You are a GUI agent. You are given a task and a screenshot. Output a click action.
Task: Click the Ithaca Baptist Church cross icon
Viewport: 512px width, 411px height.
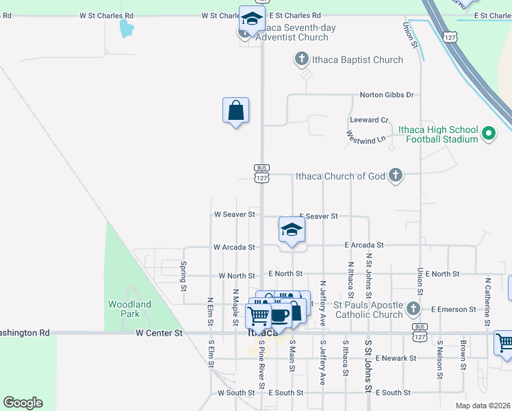pos(300,60)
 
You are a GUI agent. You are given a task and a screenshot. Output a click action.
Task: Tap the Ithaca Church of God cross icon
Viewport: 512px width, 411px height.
pos(395,176)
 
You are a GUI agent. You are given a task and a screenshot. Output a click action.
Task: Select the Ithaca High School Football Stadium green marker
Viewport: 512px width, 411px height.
pos(489,134)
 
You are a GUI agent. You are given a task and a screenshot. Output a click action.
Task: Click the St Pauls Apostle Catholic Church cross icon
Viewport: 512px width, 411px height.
pos(413,309)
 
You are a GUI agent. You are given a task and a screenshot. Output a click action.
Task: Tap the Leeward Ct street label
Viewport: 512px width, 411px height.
pos(369,120)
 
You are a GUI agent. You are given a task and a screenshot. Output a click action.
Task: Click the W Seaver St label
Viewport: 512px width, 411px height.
pos(234,214)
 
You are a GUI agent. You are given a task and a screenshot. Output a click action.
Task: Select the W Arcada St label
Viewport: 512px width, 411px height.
pos(234,247)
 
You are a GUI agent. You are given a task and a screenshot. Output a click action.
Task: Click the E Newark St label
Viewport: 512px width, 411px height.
pos(390,358)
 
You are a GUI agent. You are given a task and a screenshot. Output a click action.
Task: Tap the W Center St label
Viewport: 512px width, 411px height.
pos(159,334)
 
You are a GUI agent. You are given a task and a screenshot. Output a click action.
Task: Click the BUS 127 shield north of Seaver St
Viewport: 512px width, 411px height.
pos(261,173)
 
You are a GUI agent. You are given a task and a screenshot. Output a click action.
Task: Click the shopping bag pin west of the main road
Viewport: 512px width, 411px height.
pos(235,110)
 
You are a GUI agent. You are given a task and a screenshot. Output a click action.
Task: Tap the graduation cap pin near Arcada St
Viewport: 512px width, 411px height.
pos(292,231)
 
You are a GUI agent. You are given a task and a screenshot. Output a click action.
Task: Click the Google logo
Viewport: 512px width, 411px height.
pos(23,403)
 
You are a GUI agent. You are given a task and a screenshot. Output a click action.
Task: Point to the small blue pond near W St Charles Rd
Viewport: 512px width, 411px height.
pos(127,28)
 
